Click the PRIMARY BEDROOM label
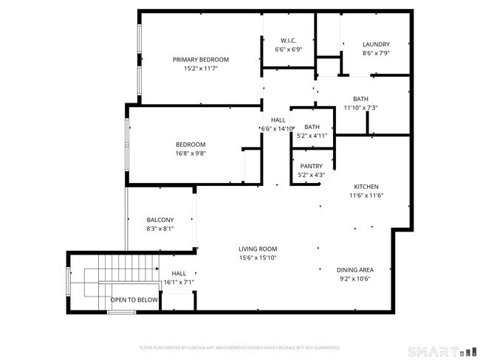coord(201,60)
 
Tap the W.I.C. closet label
coord(288,41)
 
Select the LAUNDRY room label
coord(376,44)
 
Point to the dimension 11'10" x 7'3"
coord(360,108)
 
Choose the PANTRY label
coord(311,166)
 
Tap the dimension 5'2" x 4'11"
coord(312,136)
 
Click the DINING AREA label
coord(354,270)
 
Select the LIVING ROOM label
coord(257,249)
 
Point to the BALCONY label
coord(160,220)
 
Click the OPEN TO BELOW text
coord(134,300)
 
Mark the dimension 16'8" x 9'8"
coord(190,154)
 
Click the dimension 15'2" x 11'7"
coord(201,69)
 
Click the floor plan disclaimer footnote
coord(239,347)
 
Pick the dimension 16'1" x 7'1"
coord(179,282)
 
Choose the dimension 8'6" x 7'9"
coord(376,53)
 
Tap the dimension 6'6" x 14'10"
coord(278,128)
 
